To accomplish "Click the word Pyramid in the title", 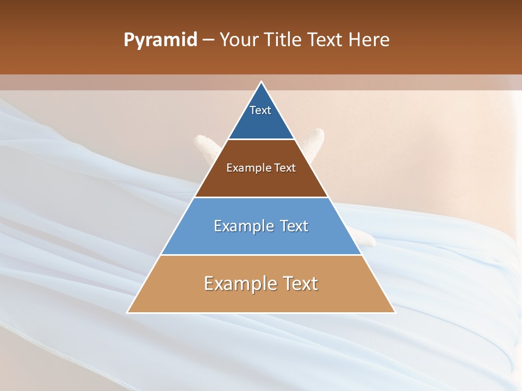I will coord(160,40).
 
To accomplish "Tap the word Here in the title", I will coord(369,40).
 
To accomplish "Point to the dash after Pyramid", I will coord(208,40).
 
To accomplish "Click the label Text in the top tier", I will coord(260,110).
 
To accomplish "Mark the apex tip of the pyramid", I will coord(262,82).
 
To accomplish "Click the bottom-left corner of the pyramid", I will coord(128,312).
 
